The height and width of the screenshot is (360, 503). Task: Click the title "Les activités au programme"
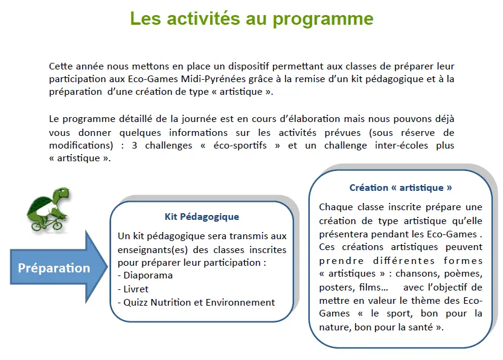pos(252,19)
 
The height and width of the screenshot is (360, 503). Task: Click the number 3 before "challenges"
pos(135,146)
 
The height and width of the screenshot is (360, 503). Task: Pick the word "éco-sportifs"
pos(240,146)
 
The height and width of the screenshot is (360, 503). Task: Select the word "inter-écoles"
pos(402,146)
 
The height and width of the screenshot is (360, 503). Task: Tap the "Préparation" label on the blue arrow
pos(54,268)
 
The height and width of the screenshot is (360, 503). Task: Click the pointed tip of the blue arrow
pos(107,266)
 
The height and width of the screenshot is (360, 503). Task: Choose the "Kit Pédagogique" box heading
pos(202,217)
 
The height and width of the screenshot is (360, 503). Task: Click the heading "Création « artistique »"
pos(400,188)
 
